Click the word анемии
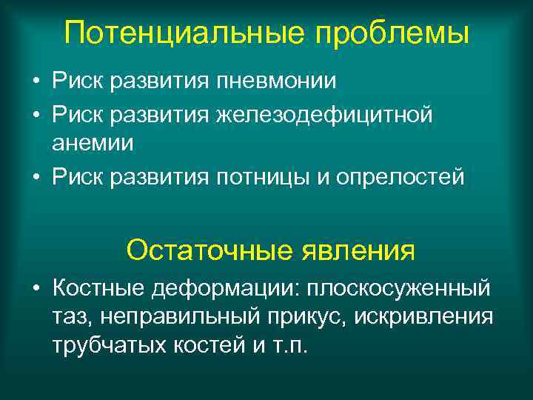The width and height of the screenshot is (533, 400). click(x=93, y=143)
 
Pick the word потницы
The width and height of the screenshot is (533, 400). click(x=267, y=179)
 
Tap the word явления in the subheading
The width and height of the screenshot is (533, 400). click(x=358, y=250)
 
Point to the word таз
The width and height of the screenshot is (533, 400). click(x=70, y=316)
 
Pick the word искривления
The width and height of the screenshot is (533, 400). click(x=423, y=316)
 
